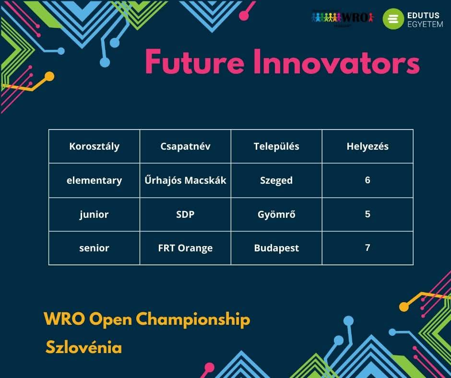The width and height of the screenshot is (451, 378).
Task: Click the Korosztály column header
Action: click(x=95, y=147)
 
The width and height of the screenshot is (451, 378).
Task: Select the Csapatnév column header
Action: click(x=185, y=147)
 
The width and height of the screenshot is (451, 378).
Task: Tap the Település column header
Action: click(x=276, y=147)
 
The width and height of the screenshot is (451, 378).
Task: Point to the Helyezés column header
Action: click(x=368, y=147)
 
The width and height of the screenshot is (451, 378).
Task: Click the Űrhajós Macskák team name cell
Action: click(x=185, y=180)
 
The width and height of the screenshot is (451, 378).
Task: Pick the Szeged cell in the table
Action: click(x=276, y=181)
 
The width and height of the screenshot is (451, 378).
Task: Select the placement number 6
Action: click(x=368, y=180)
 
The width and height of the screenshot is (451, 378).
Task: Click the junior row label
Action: click(x=94, y=214)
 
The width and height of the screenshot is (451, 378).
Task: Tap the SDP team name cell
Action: click(x=185, y=214)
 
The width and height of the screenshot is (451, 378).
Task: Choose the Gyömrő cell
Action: click(x=276, y=214)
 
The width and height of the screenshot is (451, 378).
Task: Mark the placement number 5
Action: click(x=368, y=214)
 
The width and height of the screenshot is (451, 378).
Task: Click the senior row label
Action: click(x=94, y=248)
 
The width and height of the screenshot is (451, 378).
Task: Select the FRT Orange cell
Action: click(x=185, y=248)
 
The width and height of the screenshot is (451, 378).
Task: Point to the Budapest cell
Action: click(x=276, y=248)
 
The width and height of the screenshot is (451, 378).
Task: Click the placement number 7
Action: click(x=368, y=248)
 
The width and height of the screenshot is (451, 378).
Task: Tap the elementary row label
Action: click(x=95, y=181)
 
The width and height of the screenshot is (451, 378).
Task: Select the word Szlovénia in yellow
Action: click(x=83, y=347)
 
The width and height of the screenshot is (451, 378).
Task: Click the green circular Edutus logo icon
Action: click(x=393, y=19)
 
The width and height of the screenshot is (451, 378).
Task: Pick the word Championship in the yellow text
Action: click(x=193, y=319)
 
